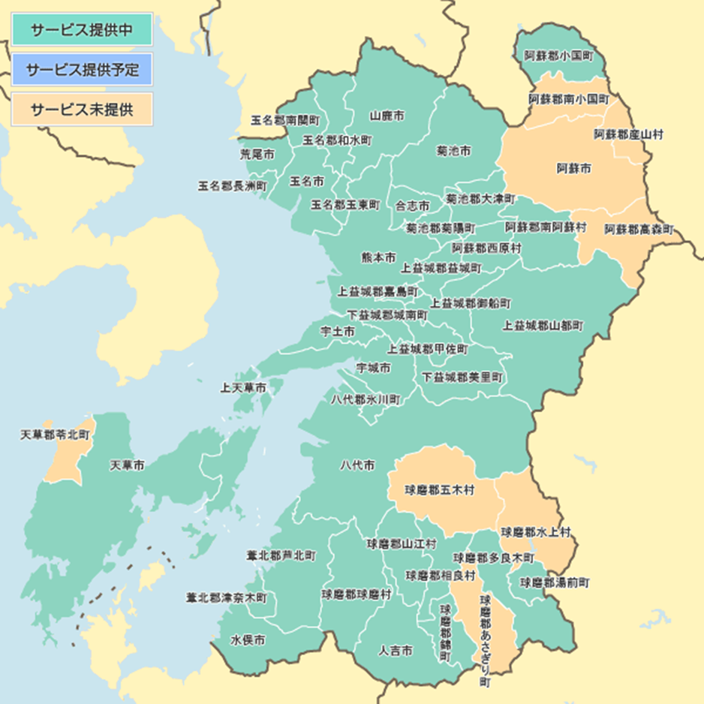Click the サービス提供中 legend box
(x=82, y=29)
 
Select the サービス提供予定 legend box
(x=82, y=70)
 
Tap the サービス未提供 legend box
(x=82, y=109)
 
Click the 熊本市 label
(x=378, y=257)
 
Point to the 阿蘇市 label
(x=573, y=169)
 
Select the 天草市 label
(x=128, y=465)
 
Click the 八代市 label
(x=357, y=466)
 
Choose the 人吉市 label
(x=396, y=651)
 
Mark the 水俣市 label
(x=248, y=640)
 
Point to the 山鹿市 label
(x=387, y=116)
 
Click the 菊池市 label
(x=454, y=151)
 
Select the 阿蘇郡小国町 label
(x=558, y=56)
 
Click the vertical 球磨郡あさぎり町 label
(x=486, y=641)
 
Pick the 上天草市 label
(x=242, y=389)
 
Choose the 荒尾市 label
(x=257, y=154)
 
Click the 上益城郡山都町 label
(x=543, y=326)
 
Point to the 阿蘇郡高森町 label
(x=639, y=228)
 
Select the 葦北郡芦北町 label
(x=281, y=556)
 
